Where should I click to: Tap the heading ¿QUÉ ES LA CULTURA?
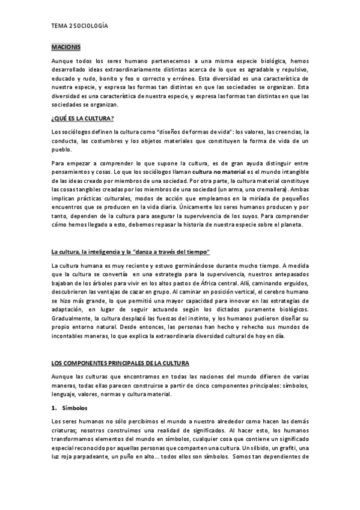83,118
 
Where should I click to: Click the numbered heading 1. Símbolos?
70,408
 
